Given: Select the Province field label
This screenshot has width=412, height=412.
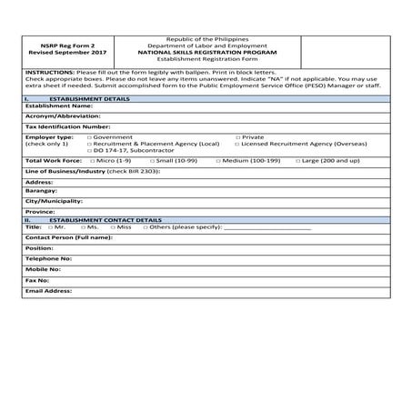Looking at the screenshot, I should coord(41,211).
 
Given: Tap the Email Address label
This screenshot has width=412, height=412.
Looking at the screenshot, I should coord(48,290).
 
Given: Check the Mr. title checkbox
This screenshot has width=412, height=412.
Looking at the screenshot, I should coord(49,227).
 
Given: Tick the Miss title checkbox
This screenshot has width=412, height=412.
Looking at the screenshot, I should coord(113,227).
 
